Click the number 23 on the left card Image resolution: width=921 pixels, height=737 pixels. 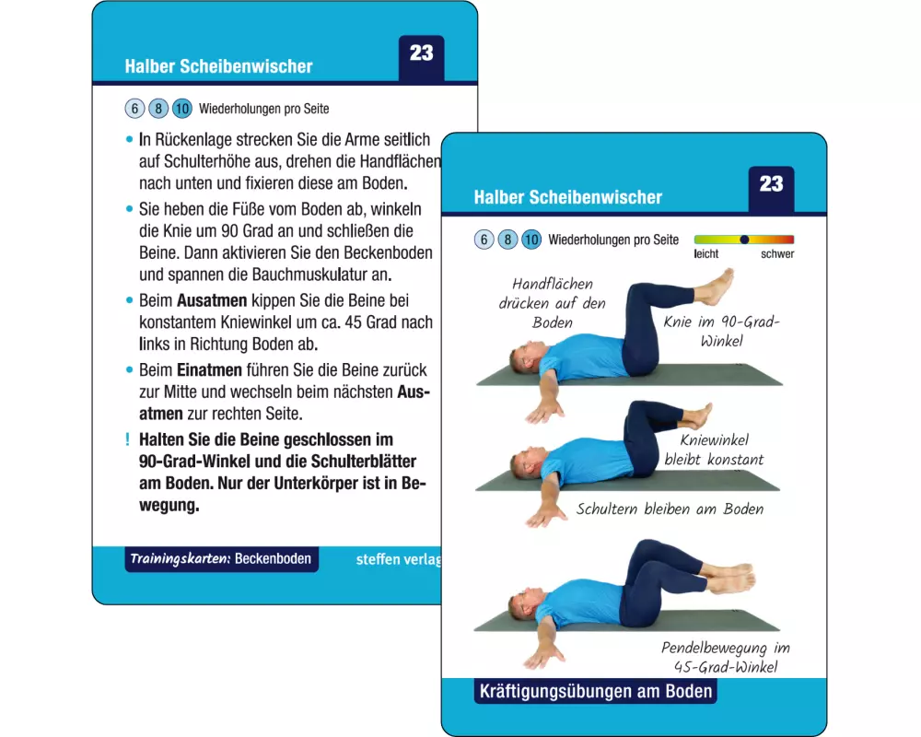point(421,53)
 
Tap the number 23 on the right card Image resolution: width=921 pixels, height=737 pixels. point(771,184)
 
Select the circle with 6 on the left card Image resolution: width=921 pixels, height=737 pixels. point(134,109)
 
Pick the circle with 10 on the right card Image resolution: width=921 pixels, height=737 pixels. point(531,240)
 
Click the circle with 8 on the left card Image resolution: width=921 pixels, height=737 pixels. point(158,109)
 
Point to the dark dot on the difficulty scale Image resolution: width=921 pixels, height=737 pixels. point(744,240)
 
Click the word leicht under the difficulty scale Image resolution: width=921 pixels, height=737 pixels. point(706,254)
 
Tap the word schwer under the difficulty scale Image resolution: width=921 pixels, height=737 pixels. point(777,254)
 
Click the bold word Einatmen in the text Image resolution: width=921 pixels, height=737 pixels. point(209,370)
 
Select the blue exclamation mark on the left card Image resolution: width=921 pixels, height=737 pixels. point(127,439)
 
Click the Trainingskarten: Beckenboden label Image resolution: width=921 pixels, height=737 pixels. point(221,558)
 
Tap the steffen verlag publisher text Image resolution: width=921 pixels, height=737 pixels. point(398,559)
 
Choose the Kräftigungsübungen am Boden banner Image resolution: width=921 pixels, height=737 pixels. point(596,691)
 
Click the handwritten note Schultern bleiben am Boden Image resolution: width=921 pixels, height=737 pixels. point(670,509)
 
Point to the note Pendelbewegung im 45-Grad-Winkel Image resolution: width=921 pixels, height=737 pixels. point(726,657)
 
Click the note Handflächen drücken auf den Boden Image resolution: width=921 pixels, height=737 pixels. point(552,303)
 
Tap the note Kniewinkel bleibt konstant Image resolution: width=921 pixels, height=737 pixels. point(714,450)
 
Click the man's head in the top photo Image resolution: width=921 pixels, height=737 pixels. point(525,358)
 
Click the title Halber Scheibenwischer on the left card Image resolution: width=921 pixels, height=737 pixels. point(218,66)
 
